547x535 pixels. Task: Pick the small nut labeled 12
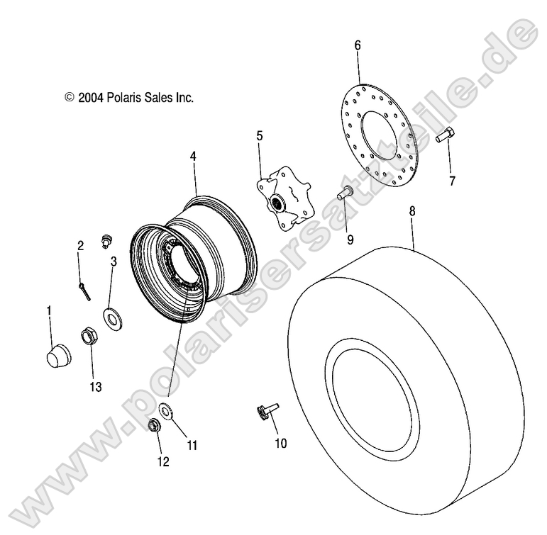pos(153,426)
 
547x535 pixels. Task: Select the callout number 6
pos(357,45)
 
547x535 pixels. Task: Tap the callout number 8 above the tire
pos(412,211)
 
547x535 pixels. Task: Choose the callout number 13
pos(95,387)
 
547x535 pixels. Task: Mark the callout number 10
pos(280,444)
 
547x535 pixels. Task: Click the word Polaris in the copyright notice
pos(127,98)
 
